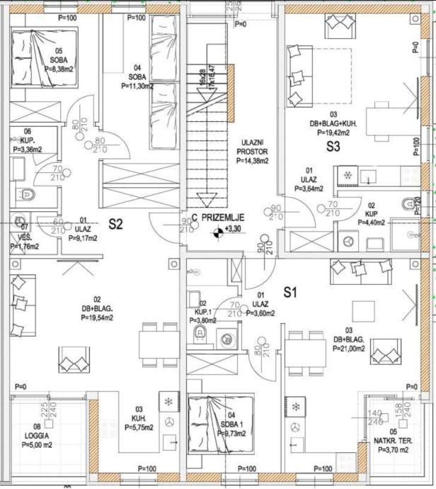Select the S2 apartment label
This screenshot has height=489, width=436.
click(x=117, y=225)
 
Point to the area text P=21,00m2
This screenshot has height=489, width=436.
click(x=347, y=349)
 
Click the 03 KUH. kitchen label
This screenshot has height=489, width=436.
click(x=139, y=418)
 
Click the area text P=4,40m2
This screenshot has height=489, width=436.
click(x=370, y=222)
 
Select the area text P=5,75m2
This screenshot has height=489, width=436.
click(x=139, y=428)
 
